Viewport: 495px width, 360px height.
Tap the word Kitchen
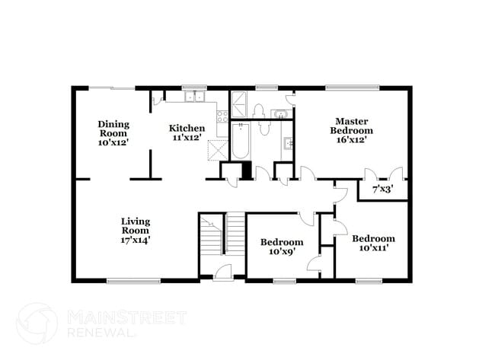tap(187, 128)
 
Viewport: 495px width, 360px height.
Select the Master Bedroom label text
tap(351, 125)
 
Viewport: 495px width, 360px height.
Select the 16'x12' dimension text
tap(351, 139)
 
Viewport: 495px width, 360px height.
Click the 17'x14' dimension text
tap(136, 239)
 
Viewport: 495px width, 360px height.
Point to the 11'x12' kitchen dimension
tap(187, 139)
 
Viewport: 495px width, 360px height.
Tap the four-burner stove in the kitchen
tap(222, 116)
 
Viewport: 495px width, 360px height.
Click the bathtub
tap(240, 141)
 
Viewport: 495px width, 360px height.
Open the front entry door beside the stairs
tap(222, 271)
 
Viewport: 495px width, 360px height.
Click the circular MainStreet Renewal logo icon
tap(37, 322)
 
